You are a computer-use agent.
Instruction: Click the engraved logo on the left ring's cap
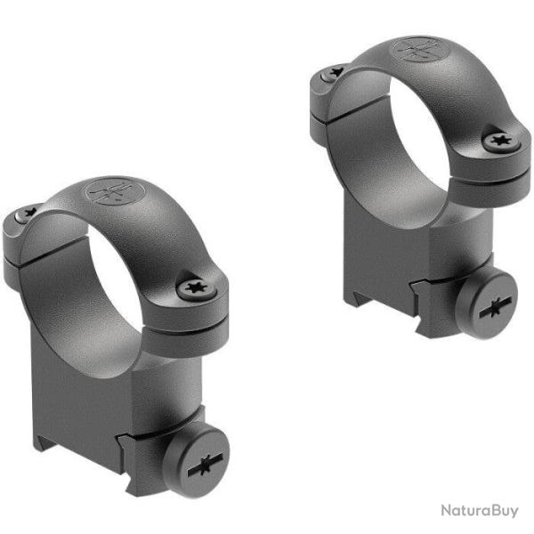point(104,193)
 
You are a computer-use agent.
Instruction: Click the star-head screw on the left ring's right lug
point(192,287)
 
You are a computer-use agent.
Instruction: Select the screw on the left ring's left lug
point(29,212)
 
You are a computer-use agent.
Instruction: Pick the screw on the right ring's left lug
point(336,73)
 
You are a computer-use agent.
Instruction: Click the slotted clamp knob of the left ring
point(206,464)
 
